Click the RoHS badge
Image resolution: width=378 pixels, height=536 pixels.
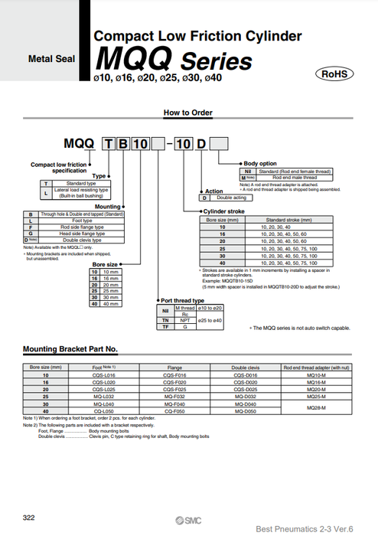click(334, 74)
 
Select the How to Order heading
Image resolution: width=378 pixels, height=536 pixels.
click(187, 113)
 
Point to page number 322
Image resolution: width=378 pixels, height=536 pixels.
click(28, 519)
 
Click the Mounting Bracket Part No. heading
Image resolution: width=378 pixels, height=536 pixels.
click(70, 349)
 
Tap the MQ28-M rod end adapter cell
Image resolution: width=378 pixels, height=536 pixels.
click(317, 408)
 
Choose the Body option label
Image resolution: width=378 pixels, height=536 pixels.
click(260, 164)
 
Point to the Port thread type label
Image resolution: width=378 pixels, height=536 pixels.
click(183, 300)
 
